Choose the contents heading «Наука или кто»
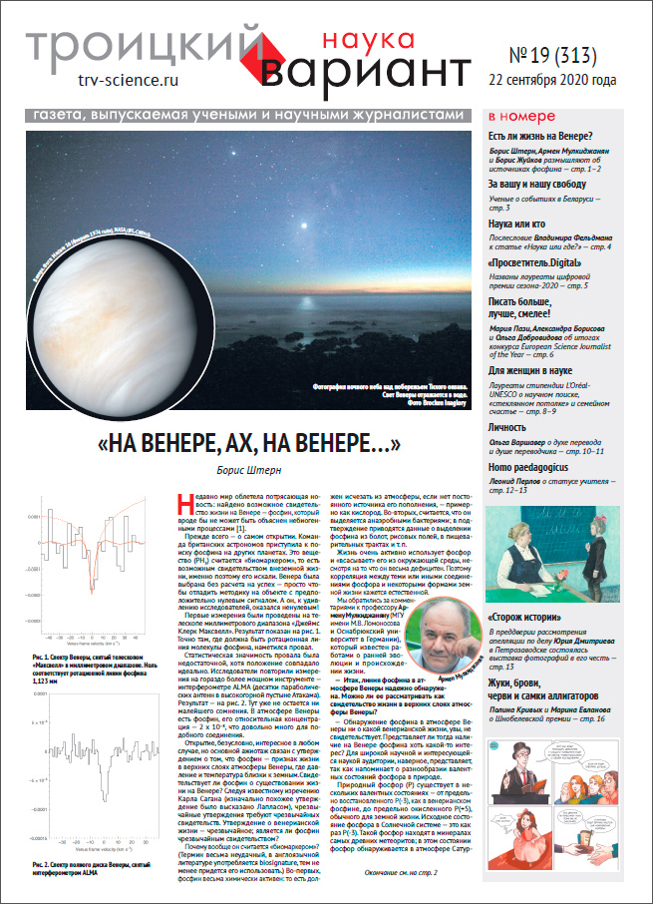click(x=516, y=226)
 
